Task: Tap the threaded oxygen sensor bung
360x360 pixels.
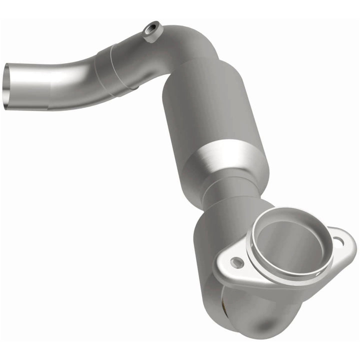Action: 152,31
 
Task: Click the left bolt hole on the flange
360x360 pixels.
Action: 236,262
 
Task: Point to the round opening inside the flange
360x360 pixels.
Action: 290,245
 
